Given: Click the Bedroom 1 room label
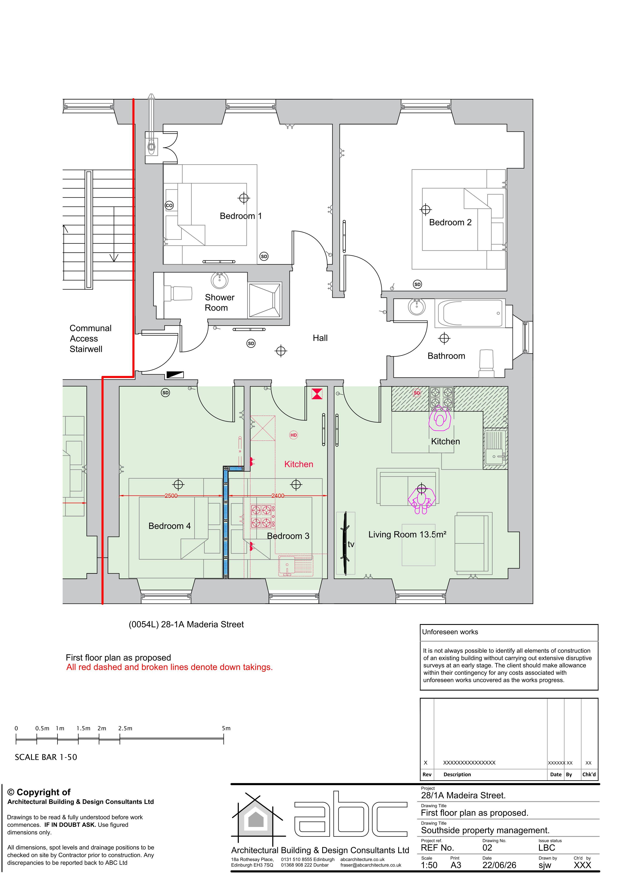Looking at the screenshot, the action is point(241,216).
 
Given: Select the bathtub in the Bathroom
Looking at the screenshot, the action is point(470,313).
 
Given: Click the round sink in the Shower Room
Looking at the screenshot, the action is point(219,281).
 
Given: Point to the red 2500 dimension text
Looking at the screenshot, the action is point(171,496).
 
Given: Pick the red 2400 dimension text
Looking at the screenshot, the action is point(278,496).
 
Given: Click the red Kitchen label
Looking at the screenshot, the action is point(299,464).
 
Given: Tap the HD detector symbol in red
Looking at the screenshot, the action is point(294,435).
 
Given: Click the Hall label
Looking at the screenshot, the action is point(320,338).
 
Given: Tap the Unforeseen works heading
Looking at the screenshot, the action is point(450,632).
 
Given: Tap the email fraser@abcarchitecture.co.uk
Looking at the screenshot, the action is point(371,865).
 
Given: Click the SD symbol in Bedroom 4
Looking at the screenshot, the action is point(165,392).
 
